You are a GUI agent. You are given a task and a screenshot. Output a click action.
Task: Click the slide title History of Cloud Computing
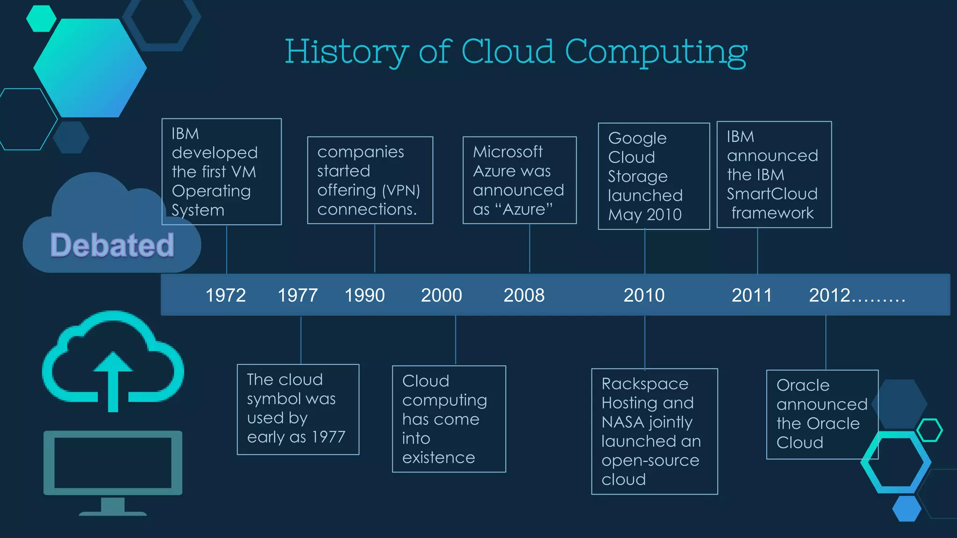coord(516,52)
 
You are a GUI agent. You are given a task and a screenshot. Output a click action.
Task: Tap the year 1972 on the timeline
coord(226,295)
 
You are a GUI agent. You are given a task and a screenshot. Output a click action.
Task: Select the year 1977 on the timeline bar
coord(298,295)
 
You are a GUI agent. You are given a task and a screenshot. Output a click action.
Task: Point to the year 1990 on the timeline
coord(364,295)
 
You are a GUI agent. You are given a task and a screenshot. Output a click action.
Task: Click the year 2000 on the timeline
coord(441,295)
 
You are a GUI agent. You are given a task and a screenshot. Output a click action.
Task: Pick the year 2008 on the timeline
coord(524,295)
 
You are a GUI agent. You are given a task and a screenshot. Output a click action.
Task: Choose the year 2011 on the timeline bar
coord(751,295)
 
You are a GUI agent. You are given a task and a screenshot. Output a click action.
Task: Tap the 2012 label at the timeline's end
coord(856,295)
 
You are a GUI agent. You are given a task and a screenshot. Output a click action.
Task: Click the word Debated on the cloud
coord(112,245)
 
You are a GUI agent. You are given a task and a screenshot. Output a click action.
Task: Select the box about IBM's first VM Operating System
coord(221,171)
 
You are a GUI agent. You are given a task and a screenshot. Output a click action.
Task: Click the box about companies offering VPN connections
coord(370,180)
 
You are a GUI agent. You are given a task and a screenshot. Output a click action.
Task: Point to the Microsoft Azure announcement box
coord(519,180)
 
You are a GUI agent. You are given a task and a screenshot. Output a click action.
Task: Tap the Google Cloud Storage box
coord(654,176)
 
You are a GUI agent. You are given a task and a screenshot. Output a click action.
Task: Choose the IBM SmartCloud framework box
coord(774,175)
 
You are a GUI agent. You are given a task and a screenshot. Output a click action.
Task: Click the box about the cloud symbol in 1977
coord(298,409)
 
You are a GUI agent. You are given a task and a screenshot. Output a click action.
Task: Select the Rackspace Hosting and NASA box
coord(654,431)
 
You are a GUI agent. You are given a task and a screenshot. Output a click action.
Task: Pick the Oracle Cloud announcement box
coord(821,414)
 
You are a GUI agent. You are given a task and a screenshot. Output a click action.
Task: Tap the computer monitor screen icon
coord(113,462)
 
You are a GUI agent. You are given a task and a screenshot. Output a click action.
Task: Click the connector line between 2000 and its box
coord(456,340)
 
